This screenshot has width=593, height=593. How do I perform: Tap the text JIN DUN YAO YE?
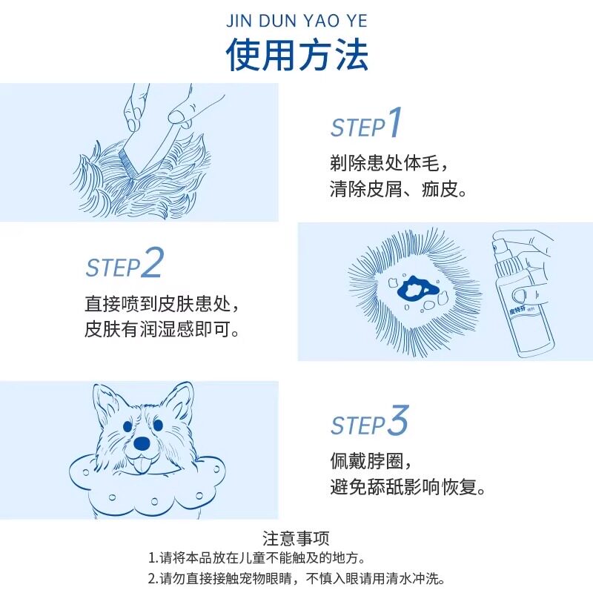click(x=296, y=20)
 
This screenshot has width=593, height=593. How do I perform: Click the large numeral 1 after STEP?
click(x=394, y=123)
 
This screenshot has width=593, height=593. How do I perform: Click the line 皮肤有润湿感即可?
click(x=162, y=330)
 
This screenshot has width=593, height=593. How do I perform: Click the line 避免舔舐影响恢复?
click(x=408, y=488)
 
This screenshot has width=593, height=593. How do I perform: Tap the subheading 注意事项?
click(x=296, y=538)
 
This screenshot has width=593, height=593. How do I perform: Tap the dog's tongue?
click(x=141, y=465)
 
